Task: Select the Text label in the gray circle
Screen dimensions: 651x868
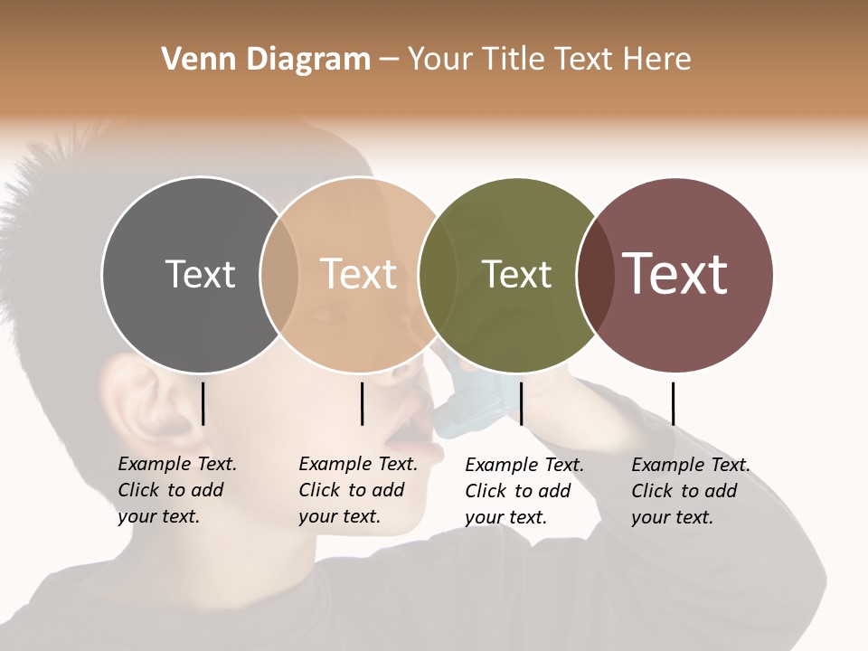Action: [x=200, y=274]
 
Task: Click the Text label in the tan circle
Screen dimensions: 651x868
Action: [x=359, y=274]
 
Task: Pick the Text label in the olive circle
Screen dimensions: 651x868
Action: [x=516, y=274]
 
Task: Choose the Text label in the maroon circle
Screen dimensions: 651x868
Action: [x=675, y=273]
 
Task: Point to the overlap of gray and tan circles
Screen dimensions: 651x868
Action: [x=279, y=274]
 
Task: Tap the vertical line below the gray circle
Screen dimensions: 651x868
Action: [x=203, y=403]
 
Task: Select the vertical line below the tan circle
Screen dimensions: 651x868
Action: [x=362, y=403]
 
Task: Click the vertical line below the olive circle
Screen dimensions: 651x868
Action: [x=521, y=403]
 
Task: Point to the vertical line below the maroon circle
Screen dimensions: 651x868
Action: [x=673, y=403]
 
